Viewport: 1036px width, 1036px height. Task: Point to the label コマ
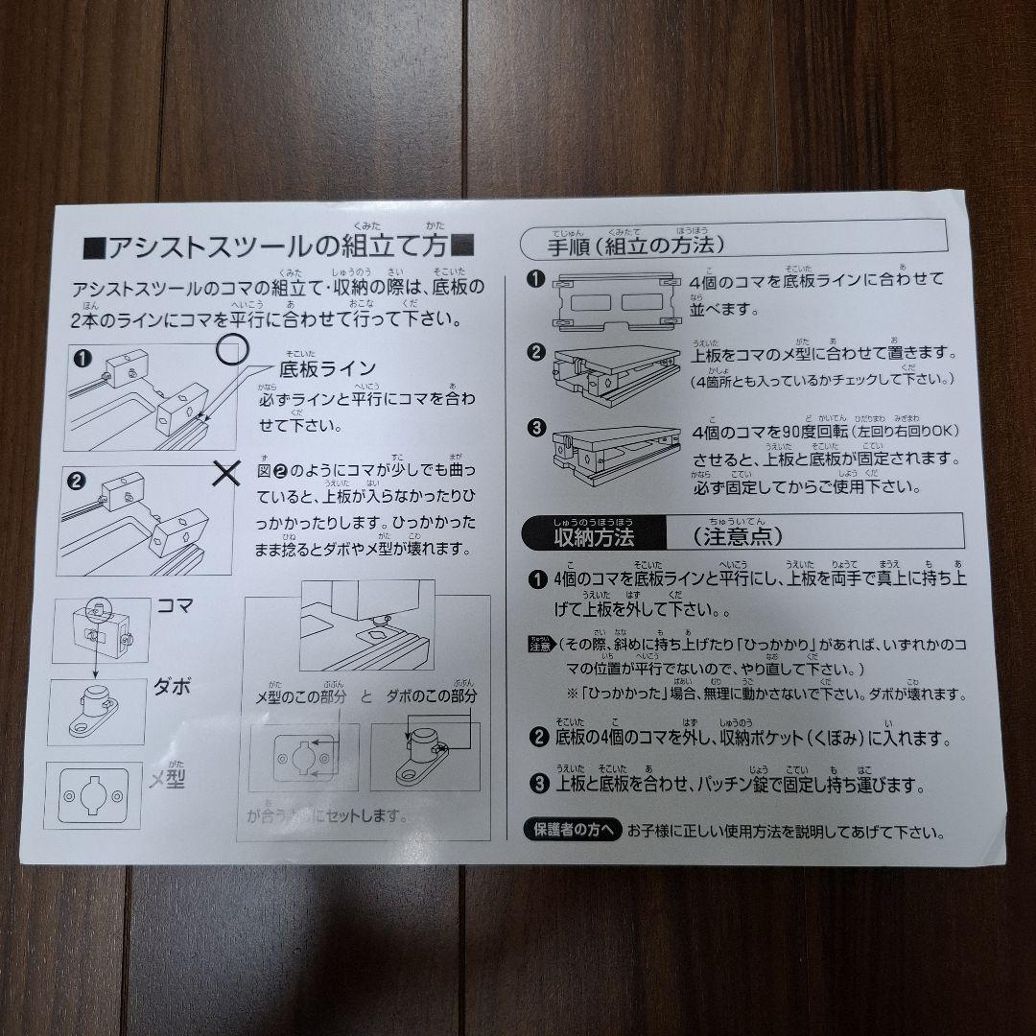[x=176, y=606]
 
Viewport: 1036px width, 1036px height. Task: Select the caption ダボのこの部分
[x=432, y=696]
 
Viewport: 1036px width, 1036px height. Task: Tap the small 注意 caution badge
[x=539, y=644]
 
